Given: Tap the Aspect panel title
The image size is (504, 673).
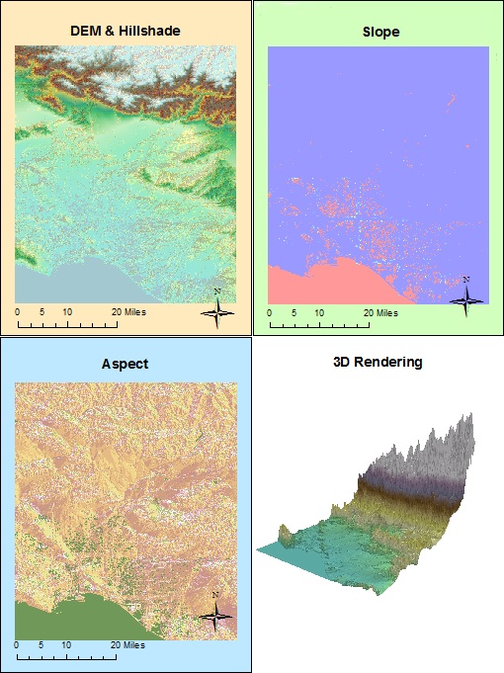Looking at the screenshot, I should (125, 364).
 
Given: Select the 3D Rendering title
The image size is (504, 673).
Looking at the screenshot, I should (377, 362).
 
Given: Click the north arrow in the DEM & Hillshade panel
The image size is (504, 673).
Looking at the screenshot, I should (218, 309).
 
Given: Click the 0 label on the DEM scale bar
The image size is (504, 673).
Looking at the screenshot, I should (18, 311).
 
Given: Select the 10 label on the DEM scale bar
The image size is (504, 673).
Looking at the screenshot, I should (67, 311).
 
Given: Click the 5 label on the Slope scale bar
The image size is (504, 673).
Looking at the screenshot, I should (294, 312).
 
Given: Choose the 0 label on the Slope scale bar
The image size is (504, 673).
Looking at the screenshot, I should (271, 312).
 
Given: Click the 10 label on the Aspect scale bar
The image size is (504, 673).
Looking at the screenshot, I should (67, 644).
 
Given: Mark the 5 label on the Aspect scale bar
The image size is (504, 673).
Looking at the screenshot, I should (42, 644).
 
